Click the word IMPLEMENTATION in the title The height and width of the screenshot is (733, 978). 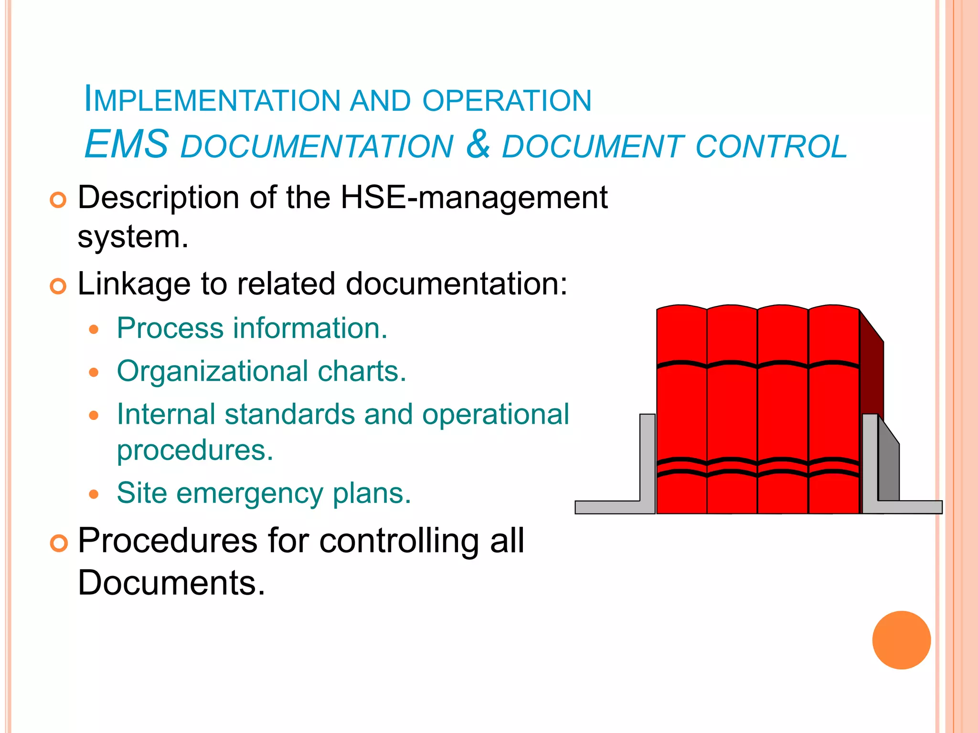coord(212,100)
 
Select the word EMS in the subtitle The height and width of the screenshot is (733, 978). coord(127,145)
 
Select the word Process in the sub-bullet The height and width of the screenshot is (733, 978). coord(170,329)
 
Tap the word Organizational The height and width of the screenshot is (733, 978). coord(213,372)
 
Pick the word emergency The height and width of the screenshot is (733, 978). coord(250,493)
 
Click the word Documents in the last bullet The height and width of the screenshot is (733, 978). coord(171,583)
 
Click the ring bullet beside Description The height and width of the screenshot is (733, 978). coord(58,200)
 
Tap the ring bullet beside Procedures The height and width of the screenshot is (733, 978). coord(58,544)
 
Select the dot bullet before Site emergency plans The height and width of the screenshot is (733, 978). coord(94,494)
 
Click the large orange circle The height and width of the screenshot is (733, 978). coord(901,640)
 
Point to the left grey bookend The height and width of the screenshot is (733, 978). coord(648,458)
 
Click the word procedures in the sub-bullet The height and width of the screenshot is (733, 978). coord(195,450)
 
